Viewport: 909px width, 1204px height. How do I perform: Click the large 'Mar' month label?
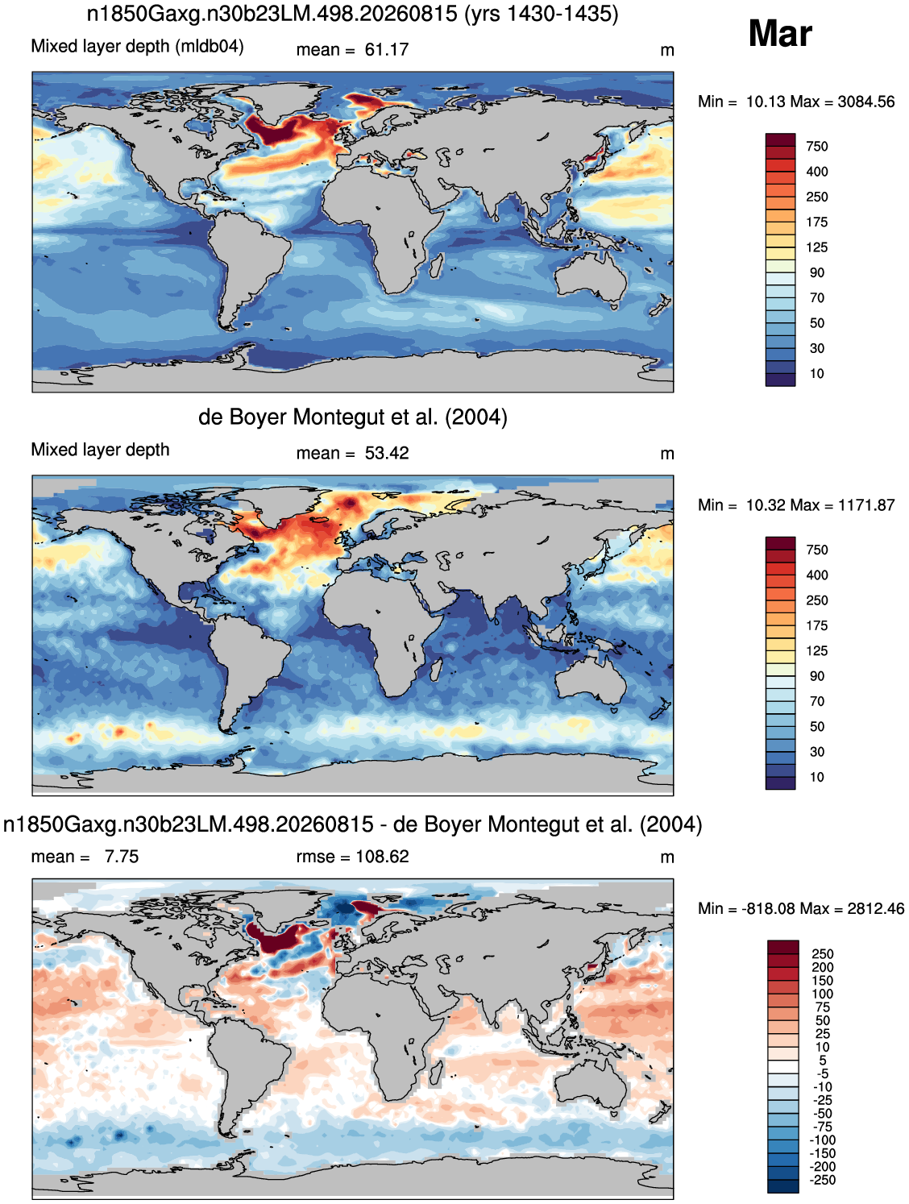[779, 34]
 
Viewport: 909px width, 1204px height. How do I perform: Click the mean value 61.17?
[387, 50]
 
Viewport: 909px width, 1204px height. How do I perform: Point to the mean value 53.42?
[387, 453]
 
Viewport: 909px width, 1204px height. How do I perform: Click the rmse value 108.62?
[382, 856]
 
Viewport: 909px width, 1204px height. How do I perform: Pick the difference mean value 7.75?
[122, 856]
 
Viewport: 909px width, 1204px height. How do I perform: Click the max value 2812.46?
[875, 908]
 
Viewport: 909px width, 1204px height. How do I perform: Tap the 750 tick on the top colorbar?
[816, 147]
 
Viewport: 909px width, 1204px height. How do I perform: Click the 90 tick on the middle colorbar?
[817, 676]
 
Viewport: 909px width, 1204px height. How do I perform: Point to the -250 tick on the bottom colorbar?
[824, 1180]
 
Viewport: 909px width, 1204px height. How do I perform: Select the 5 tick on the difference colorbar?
[823, 1060]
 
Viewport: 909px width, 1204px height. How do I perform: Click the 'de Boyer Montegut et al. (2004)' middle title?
[352, 417]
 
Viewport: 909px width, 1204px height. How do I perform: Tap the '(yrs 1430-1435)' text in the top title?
[541, 14]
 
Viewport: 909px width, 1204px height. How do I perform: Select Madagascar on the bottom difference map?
[437, 1071]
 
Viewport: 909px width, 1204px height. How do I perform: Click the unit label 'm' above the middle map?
[666, 455]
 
